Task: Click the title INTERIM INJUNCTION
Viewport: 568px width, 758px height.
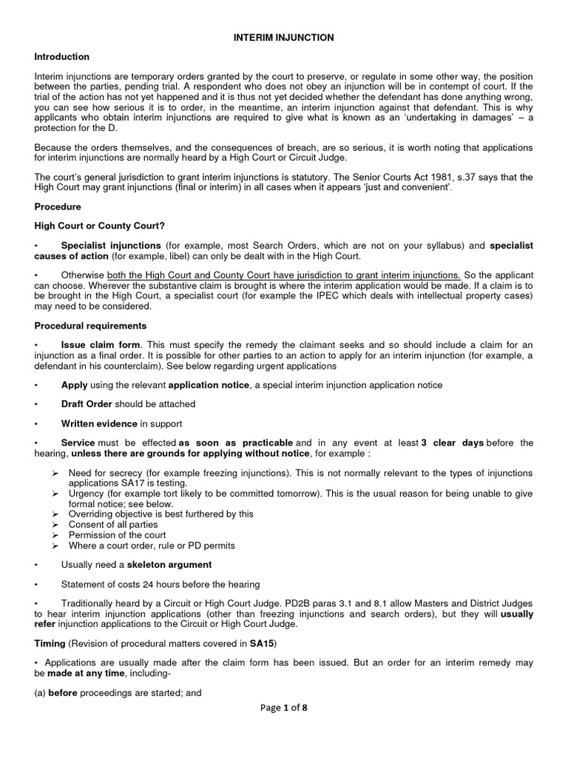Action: click(284, 37)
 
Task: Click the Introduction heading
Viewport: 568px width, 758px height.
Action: click(62, 57)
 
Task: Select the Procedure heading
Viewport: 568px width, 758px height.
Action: click(58, 207)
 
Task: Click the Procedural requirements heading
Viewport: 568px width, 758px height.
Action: click(90, 325)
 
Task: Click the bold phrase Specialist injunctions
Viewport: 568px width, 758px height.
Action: click(111, 245)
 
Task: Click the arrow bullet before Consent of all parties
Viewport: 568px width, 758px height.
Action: click(56, 524)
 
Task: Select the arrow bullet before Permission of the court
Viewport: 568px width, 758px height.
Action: click(56, 535)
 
